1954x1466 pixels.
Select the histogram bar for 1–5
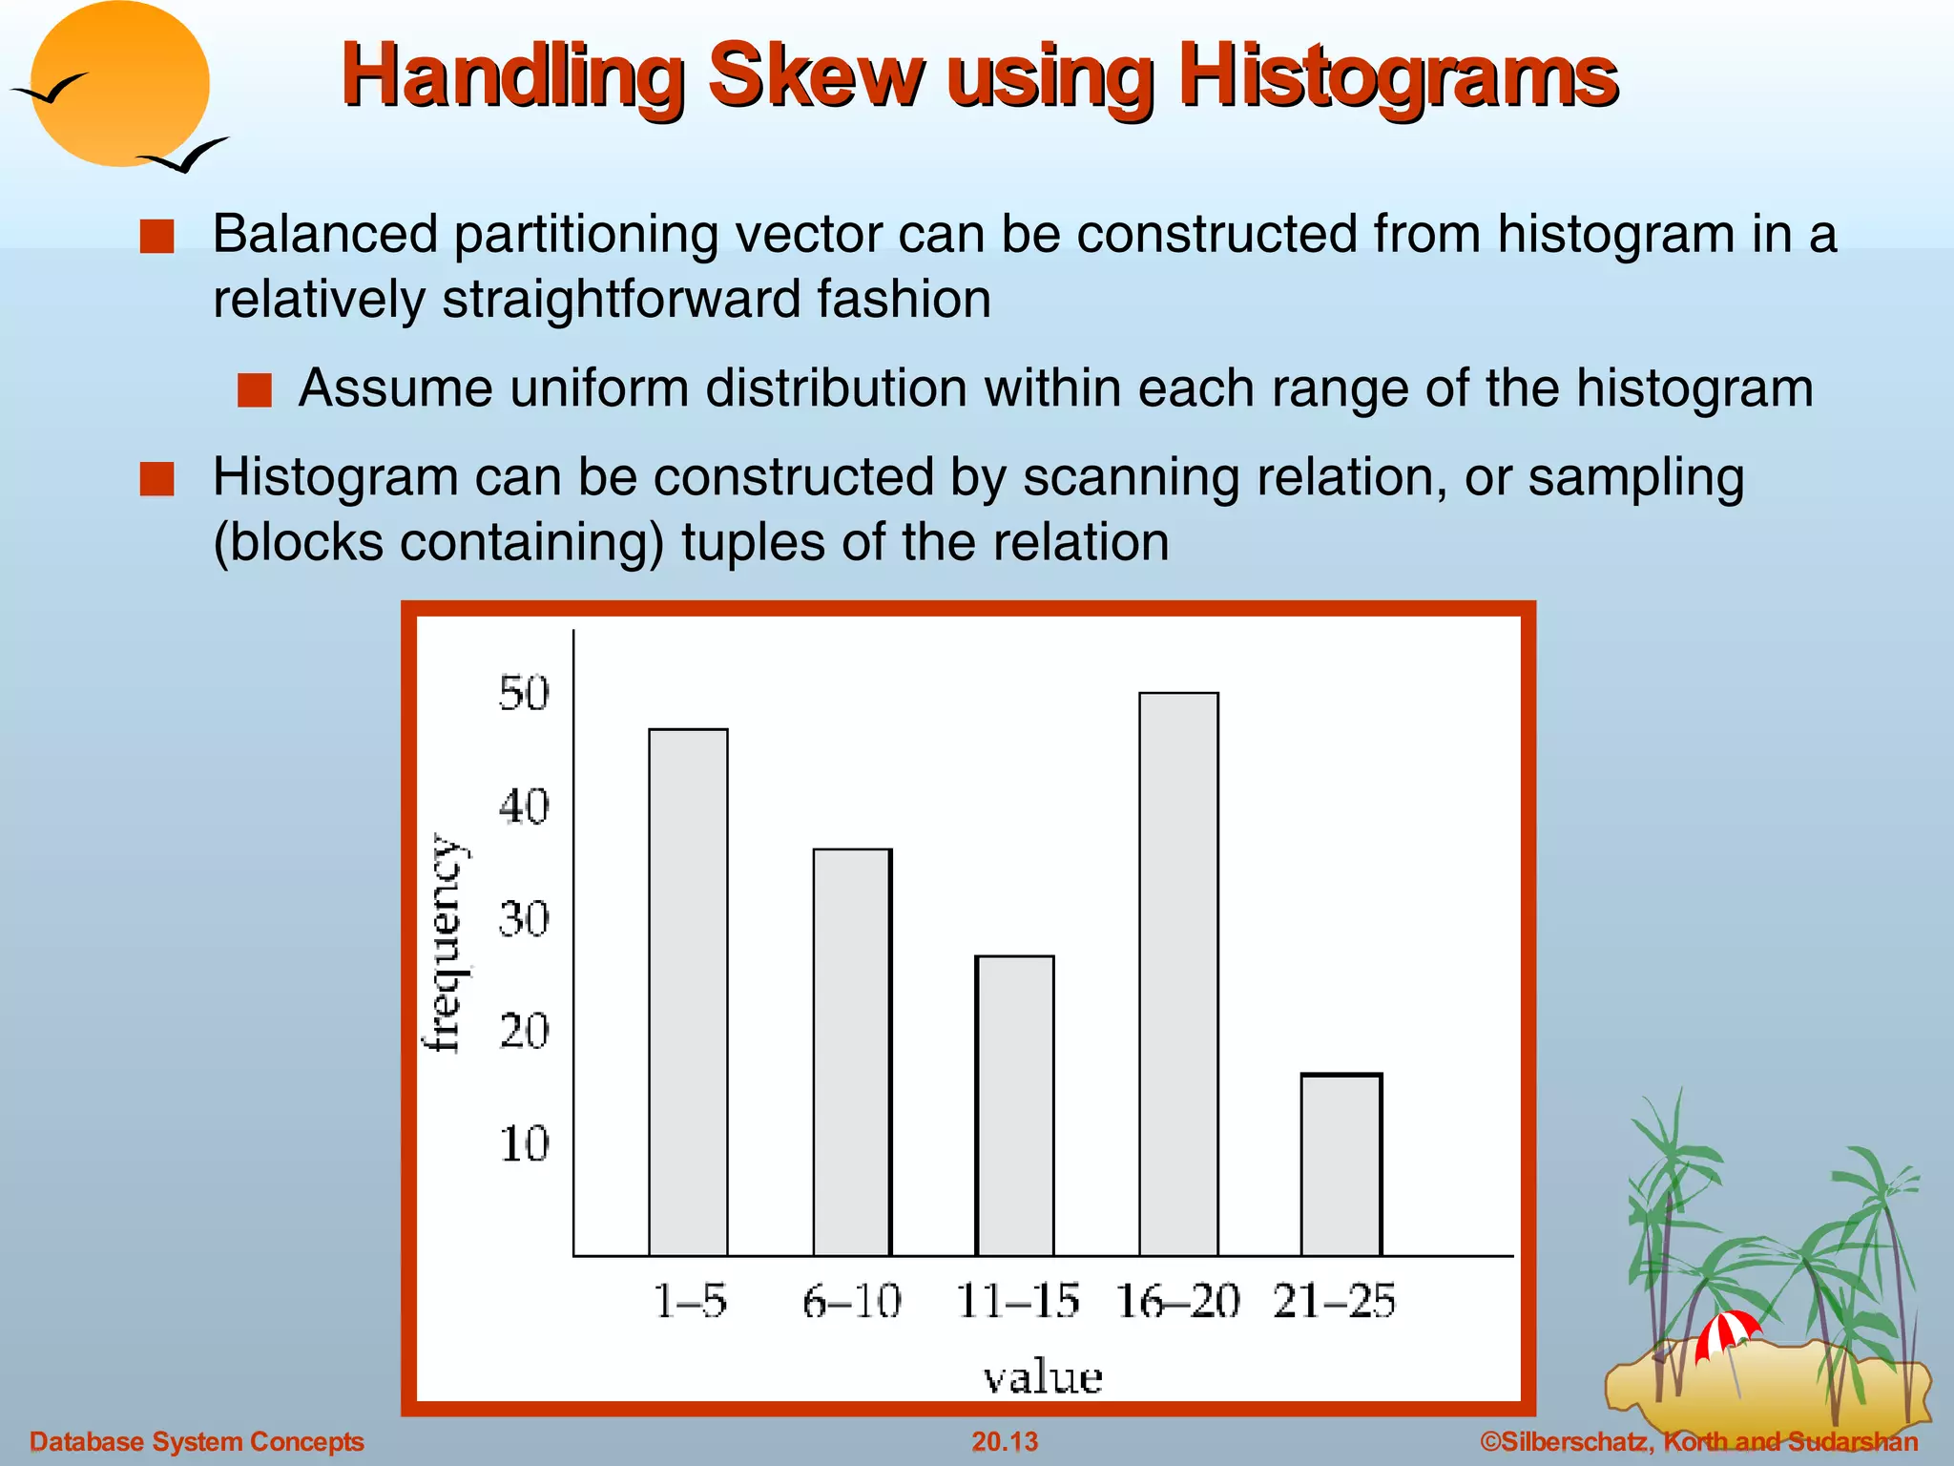tap(688, 993)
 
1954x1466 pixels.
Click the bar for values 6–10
tap(852, 1052)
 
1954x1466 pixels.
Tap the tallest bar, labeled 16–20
tap(1178, 974)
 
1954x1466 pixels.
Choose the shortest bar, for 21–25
tap(1341, 1164)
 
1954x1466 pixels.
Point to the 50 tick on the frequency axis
tap(524, 694)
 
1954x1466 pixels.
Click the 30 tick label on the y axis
tap(524, 919)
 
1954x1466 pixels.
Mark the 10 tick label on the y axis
tap(524, 1143)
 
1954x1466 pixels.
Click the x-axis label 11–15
tap(1017, 1301)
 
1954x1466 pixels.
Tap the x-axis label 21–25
tap(1334, 1301)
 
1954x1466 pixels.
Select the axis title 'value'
tap(1043, 1377)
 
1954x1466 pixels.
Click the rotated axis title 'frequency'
tap(444, 943)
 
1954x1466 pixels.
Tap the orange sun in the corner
tap(119, 84)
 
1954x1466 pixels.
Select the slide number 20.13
tap(1004, 1441)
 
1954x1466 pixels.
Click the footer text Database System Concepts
tap(197, 1441)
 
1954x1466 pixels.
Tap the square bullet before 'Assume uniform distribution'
tap(255, 390)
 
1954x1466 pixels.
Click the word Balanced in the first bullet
tap(325, 235)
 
